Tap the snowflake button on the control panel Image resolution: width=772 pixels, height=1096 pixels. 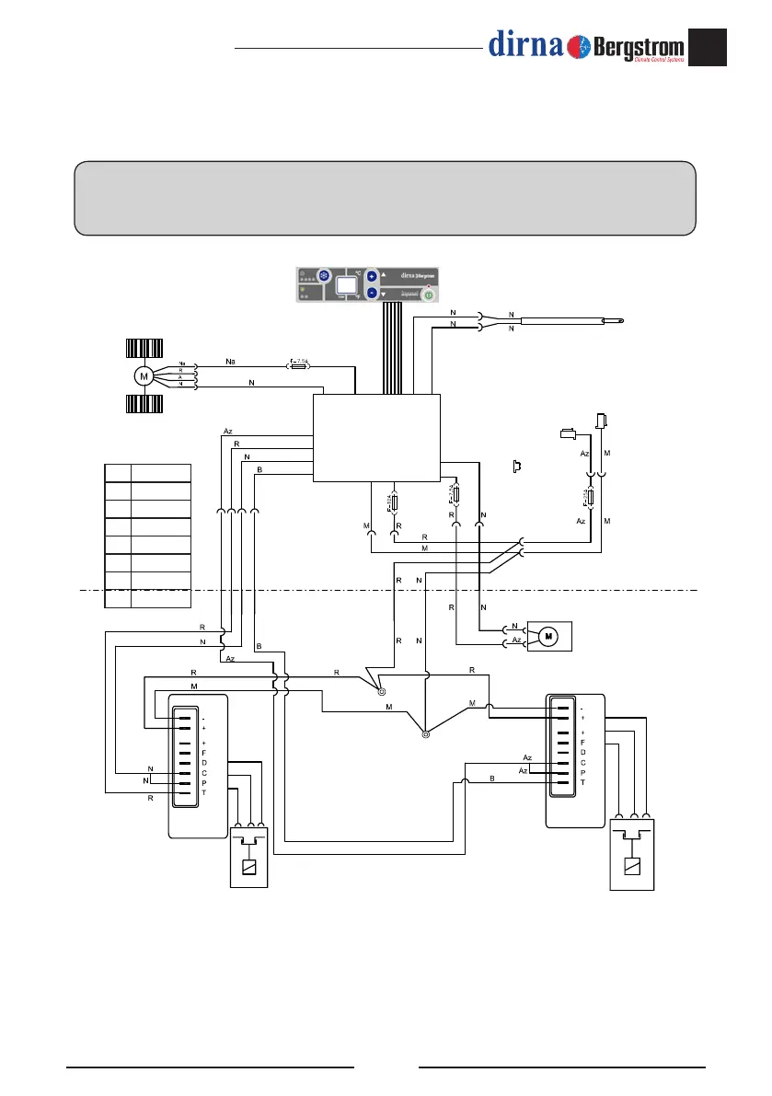coord(324,275)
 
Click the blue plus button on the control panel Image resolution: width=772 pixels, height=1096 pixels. coord(372,275)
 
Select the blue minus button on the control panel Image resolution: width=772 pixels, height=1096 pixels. coord(372,293)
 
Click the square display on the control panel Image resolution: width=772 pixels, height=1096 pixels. coord(347,285)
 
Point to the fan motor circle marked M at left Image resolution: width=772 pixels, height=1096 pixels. coord(143,375)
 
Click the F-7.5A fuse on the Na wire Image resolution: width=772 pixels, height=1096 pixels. coord(300,364)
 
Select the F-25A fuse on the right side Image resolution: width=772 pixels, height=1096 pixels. coord(590,499)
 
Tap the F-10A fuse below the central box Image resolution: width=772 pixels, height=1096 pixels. coord(394,502)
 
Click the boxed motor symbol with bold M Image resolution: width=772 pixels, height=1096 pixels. coord(548,635)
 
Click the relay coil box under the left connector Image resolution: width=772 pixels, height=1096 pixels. coord(248,867)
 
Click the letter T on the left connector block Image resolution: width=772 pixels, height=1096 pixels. coord(203,792)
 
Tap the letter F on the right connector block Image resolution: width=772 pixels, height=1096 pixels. coord(582,742)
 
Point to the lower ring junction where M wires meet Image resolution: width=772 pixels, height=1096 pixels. coord(425,734)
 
